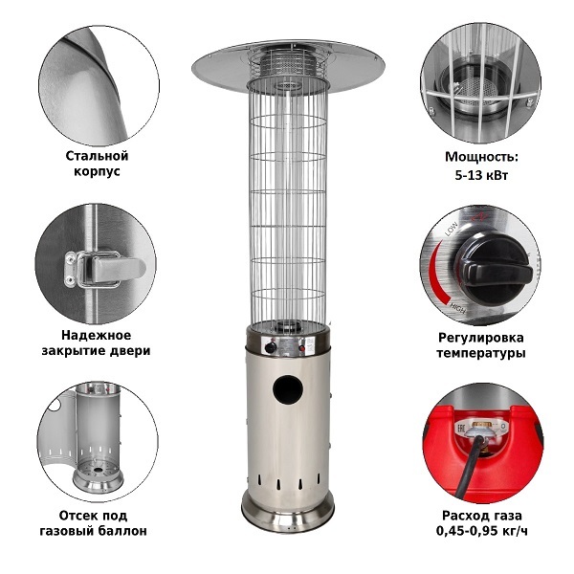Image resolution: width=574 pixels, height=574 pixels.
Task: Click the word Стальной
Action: coord(97,156)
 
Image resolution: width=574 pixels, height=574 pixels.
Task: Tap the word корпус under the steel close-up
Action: coord(97,171)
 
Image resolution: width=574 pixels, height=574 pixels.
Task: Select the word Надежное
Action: coord(96,335)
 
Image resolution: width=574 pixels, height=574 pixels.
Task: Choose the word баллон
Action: coord(121,531)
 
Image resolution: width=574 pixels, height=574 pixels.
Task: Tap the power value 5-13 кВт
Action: coord(481,175)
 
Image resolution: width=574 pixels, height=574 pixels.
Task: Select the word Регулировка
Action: coord(481,338)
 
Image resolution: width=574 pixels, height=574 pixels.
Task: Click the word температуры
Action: coord(481,353)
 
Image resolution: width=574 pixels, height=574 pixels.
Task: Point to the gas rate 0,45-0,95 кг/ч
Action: coord(482,530)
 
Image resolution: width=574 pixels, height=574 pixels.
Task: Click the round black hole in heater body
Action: coord(287,388)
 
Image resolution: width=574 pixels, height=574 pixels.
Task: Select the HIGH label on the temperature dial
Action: coord(457,308)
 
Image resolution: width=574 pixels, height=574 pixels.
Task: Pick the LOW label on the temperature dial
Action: coord(451,229)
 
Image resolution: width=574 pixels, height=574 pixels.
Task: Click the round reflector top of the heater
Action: coord(288,66)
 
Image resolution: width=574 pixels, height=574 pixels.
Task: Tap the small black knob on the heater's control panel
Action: coord(271,346)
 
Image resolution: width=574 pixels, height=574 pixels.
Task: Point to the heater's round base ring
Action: coord(288,510)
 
